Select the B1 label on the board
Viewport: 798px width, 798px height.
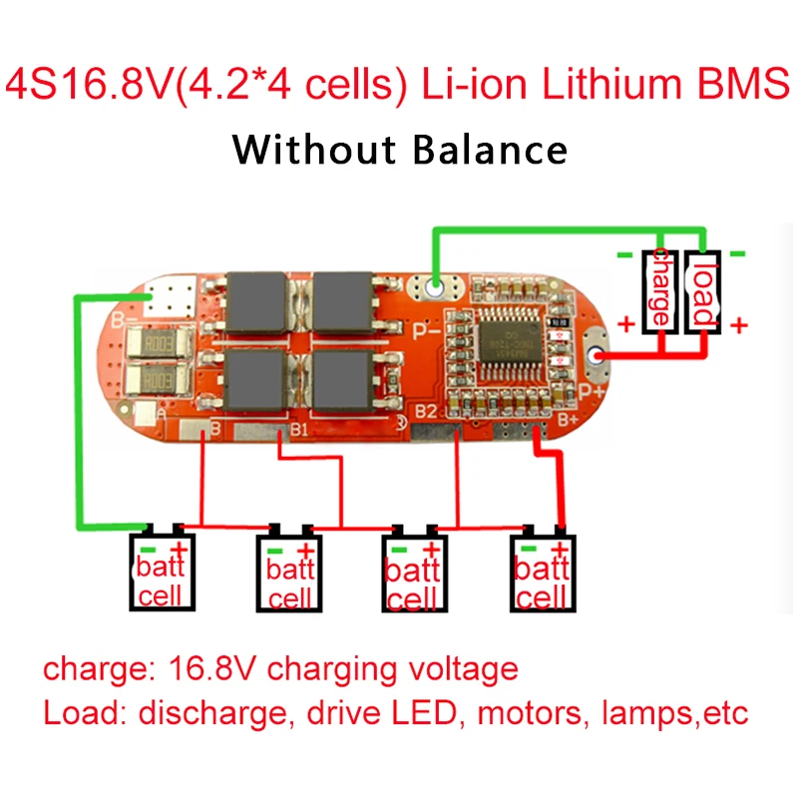[x=300, y=430]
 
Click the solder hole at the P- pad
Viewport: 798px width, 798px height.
[x=435, y=289]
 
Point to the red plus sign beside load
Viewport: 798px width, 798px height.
[x=740, y=324]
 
